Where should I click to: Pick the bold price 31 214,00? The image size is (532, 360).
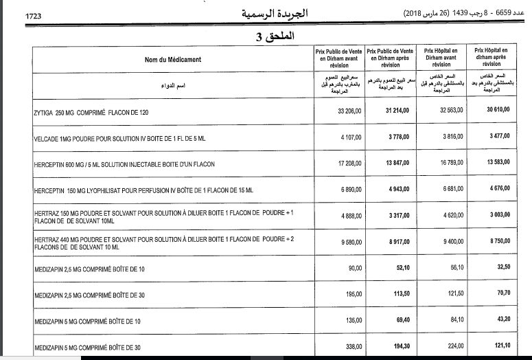coord(397,112)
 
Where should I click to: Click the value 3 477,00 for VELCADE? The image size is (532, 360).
coord(498,137)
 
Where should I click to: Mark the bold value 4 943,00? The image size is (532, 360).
coord(400,188)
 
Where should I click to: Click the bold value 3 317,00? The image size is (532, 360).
coord(400,215)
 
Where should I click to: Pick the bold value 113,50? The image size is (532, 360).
coord(402,294)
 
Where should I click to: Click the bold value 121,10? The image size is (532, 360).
coord(501,346)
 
